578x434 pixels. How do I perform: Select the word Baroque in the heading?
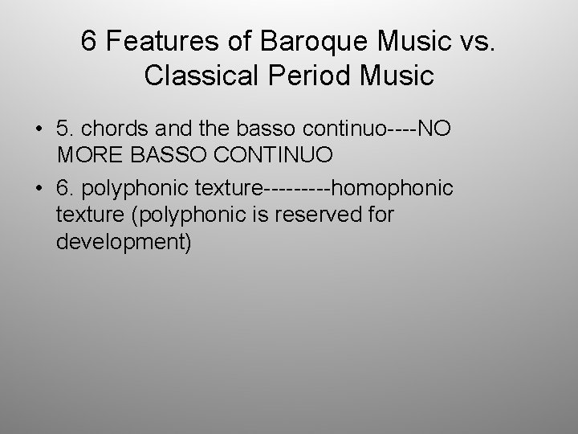coord(300,41)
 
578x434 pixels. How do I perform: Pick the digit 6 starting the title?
coord(89,41)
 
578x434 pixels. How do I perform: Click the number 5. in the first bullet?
coord(67,129)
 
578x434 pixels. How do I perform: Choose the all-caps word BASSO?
coord(170,153)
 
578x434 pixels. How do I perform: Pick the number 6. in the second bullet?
coord(67,189)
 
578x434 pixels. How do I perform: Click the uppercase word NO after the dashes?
coord(434,129)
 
